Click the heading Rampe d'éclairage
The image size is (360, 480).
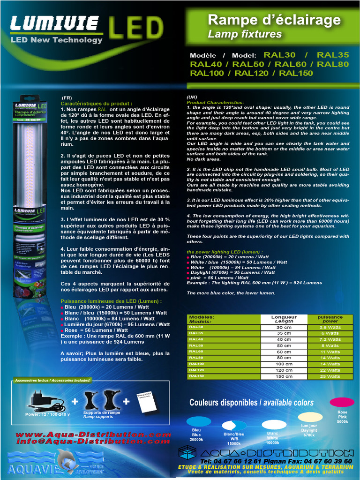coord(274,20)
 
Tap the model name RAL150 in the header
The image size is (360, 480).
coord(296,73)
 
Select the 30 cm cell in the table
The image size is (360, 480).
coord(284,327)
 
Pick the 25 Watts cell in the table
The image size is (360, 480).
coord(330,376)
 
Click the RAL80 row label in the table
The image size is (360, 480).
coord(196,358)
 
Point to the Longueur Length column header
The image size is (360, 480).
coord(284,319)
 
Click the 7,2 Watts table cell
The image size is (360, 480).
coord(330,339)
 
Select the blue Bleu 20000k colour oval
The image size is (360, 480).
coord(199,421)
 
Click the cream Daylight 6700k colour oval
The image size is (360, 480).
coord(310,417)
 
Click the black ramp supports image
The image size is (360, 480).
coord(101,400)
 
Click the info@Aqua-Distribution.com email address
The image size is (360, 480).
coord(93,442)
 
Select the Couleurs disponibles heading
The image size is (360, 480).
coord(251,403)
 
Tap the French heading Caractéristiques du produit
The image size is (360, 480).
coord(97,104)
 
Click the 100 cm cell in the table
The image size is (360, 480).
coord(284,364)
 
